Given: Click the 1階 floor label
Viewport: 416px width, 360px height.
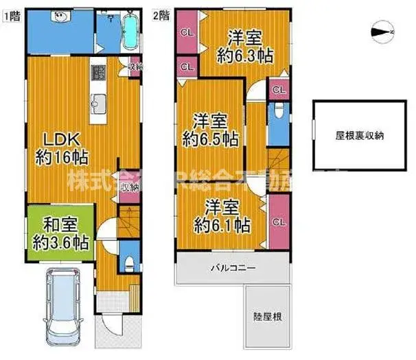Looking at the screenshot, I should click(x=12, y=13).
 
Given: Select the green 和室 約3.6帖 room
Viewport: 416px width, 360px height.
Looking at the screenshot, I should click(x=60, y=233).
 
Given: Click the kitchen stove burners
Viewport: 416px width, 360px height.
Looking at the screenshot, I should click(x=98, y=73).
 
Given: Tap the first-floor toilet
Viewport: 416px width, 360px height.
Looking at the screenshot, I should click(x=128, y=262).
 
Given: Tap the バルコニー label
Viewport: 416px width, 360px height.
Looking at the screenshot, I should click(x=233, y=267).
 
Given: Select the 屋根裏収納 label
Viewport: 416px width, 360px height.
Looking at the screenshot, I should click(x=359, y=135).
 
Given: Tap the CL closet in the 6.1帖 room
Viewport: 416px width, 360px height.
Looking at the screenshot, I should click(x=278, y=221).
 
